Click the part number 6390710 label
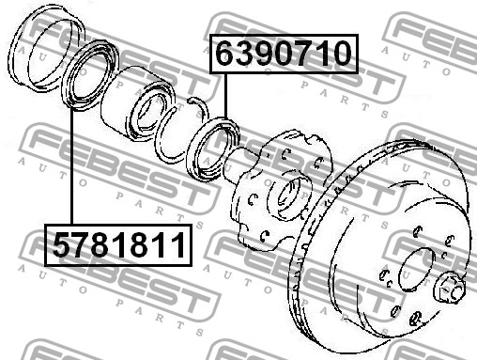[284, 54]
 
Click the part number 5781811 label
[118, 245]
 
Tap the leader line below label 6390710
[225, 95]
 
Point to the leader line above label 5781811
[71, 166]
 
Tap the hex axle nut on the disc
[449, 288]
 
